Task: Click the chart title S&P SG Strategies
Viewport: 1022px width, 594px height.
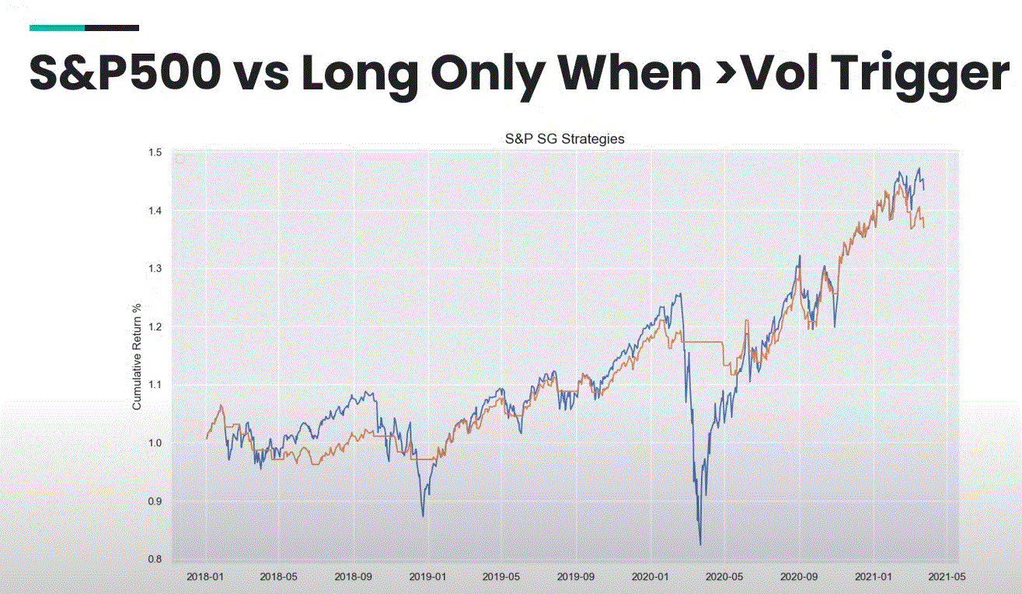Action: [565, 139]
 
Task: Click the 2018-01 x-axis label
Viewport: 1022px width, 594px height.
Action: [205, 578]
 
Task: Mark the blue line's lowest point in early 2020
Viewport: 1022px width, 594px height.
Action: [700, 544]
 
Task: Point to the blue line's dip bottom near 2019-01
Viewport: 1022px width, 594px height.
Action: [423, 515]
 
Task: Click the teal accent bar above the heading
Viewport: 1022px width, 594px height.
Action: [57, 28]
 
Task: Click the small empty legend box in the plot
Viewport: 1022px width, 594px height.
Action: [180, 159]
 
